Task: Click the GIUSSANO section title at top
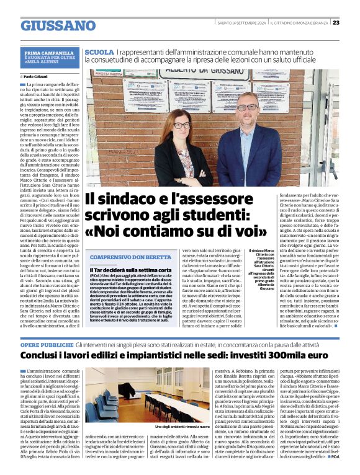[58, 25]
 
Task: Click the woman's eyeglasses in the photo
[182, 125]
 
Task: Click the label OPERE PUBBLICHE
[47, 344]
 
